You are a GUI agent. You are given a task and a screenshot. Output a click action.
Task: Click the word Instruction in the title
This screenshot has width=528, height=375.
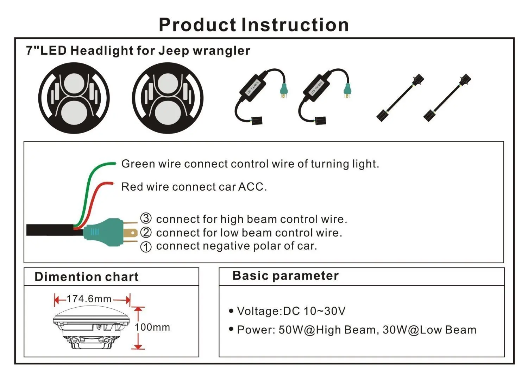click(x=295, y=25)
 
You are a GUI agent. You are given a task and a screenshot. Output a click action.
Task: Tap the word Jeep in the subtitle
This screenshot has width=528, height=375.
click(x=174, y=50)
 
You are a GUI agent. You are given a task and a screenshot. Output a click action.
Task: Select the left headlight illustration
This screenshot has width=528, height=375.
click(x=74, y=98)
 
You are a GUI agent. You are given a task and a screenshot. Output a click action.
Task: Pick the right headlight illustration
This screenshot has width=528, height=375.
click(x=168, y=98)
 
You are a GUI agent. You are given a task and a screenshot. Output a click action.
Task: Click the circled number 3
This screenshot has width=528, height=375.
click(x=146, y=218)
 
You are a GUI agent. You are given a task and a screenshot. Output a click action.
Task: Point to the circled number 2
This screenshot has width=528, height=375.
click(x=146, y=233)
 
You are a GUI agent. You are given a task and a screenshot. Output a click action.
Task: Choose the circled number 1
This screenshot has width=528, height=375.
click(x=146, y=247)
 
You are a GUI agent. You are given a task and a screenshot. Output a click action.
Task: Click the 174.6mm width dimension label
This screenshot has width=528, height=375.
click(x=89, y=299)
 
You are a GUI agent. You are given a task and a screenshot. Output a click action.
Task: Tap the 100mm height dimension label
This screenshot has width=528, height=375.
click(x=152, y=327)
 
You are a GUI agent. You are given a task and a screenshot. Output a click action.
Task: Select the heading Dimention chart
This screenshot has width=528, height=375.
click(x=87, y=277)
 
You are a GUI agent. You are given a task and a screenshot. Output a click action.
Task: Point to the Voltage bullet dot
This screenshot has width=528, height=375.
click(x=231, y=311)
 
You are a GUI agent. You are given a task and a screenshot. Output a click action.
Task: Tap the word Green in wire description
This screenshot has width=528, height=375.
click(x=138, y=164)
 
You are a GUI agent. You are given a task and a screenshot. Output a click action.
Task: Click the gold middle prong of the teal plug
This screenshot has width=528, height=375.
click(x=131, y=233)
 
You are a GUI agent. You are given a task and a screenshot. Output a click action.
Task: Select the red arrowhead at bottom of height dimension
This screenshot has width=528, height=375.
click(x=138, y=346)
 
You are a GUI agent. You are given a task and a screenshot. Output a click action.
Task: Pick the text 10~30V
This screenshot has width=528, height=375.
click(x=325, y=311)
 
